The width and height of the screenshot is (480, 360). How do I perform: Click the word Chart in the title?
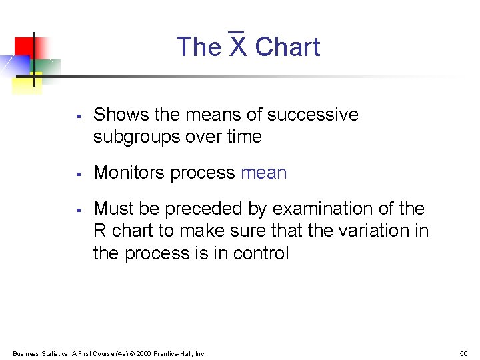tap(287, 47)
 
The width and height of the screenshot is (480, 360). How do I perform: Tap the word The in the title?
tap(199, 47)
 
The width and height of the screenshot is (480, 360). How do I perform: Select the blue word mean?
tap(263, 173)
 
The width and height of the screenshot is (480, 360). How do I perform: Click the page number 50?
tap(464, 353)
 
